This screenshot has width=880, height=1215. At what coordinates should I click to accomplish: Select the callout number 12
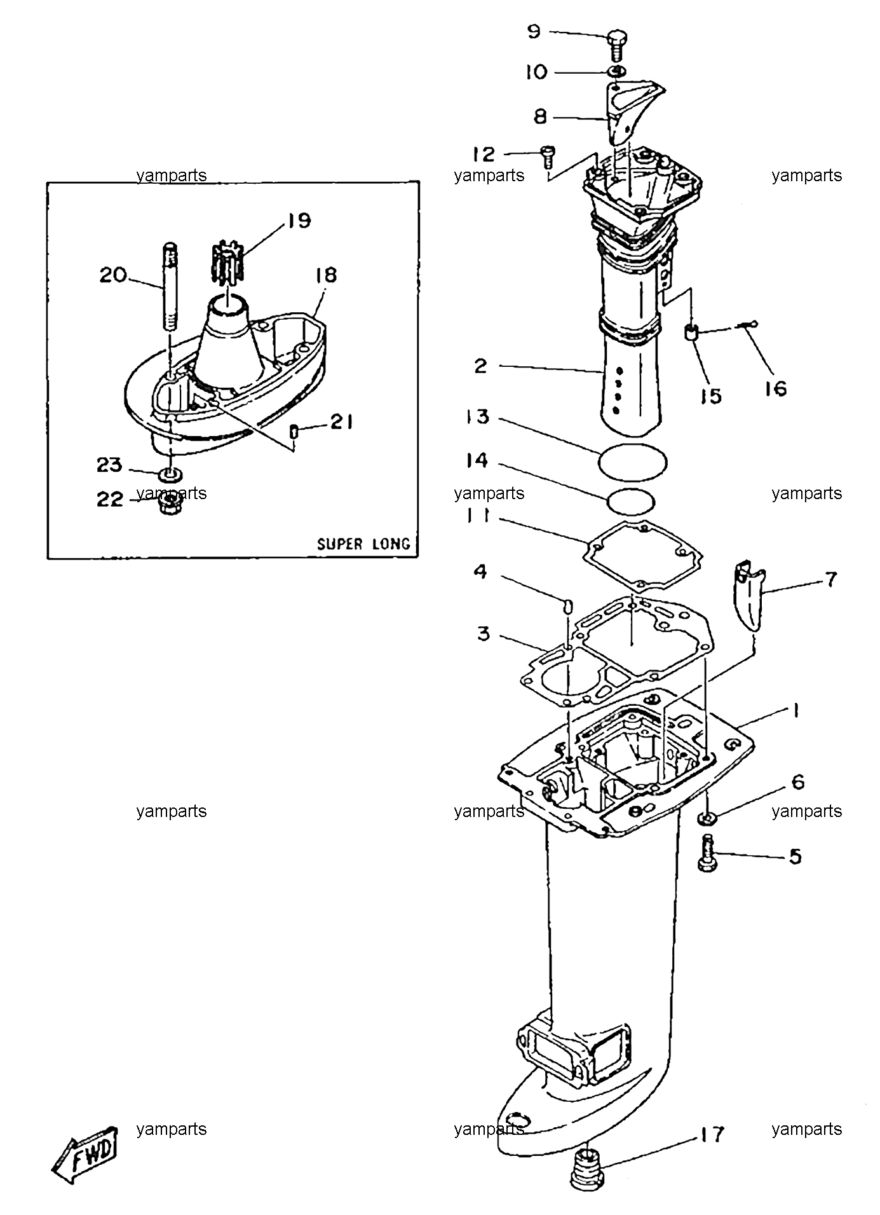[x=484, y=154]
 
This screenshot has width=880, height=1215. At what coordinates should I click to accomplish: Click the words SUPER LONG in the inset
[x=363, y=544]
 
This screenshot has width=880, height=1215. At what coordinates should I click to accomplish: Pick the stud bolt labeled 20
[x=171, y=287]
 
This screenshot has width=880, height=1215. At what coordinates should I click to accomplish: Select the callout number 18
[x=324, y=275]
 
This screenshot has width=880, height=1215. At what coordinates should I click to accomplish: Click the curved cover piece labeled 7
[x=748, y=596]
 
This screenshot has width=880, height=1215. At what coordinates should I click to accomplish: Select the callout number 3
[x=484, y=633]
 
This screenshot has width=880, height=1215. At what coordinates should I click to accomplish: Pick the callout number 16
[x=775, y=388]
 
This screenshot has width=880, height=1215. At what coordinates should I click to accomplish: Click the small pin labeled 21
[x=294, y=432]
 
